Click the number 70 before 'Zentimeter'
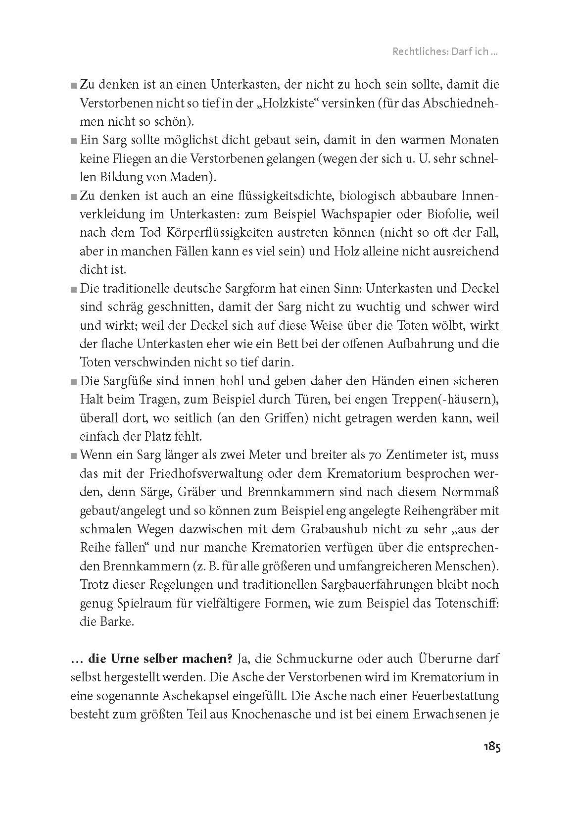click(375, 455)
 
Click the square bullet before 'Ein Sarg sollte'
click(73, 141)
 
